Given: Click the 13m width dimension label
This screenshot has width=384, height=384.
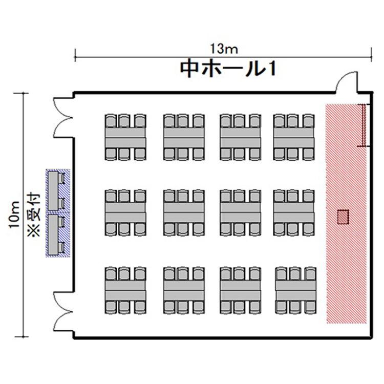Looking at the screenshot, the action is pyautogui.click(x=224, y=49).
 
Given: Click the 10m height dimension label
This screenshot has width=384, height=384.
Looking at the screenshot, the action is pyautogui.click(x=14, y=215).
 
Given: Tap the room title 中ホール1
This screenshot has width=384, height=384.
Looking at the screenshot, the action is pyautogui.click(x=228, y=69).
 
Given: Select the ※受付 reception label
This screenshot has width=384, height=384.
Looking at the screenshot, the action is pyautogui.click(x=33, y=215).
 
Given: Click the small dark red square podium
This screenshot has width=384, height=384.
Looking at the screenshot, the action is pyautogui.click(x=343, y=217).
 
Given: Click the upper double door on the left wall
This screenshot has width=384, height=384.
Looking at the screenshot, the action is pyautogui.click(x=63, y=118).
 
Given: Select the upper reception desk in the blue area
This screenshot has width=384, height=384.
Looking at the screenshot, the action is pyautogui.click(x=53, y=191).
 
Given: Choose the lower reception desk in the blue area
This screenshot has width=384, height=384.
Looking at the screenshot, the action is pyautogui.click(x=53, y=235).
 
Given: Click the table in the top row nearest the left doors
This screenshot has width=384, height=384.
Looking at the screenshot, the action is pyautogui.click(x=125, y=137).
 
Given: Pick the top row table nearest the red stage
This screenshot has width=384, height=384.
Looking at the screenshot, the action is pyautogui.click(x=294, y=137).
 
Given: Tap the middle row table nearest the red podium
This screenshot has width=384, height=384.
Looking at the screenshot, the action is pyautogui.click(x=294, y=213).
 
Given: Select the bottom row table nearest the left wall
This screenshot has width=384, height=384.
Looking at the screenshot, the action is pyautogui.click(x=125, y=290).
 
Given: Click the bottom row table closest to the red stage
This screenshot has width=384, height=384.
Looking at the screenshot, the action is pyautogui.click(x=296, y=290).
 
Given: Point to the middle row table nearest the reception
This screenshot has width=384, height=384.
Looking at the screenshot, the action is pyautogui.click(x=125, y=213).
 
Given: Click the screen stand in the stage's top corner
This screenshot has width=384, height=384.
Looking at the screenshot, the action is pyautogui.click(x=364, y=125).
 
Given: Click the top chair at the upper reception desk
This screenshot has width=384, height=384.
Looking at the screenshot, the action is pyautogui.click(x=61, y=177).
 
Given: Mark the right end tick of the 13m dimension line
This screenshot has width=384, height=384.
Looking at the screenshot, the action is pyautogui.click(x=372, y=54).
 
